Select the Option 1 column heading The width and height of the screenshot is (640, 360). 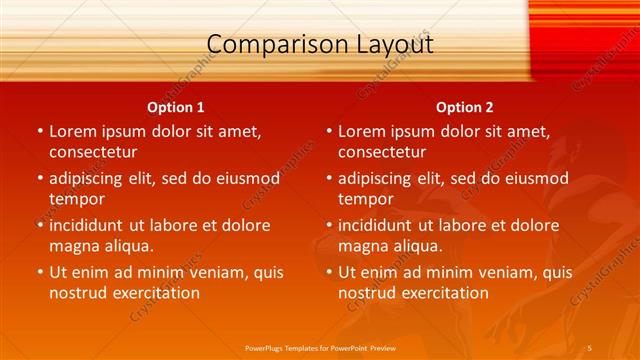[x=176, y=107]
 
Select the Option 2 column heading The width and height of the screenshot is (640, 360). [x=465, y=107]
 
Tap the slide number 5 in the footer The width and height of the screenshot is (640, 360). [x=590, y=348]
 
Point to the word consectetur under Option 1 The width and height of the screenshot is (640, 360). [x=93, y=152]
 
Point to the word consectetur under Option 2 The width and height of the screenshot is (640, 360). [x=382, y=152]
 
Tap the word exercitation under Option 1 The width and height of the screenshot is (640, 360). [x=150, y=293]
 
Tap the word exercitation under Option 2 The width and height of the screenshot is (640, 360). [x=439, y=293]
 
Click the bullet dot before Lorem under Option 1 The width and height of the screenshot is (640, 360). [x=39, y=131]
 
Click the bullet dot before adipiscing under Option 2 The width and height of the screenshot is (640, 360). [x=328, y=178]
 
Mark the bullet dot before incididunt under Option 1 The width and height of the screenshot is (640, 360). [x=39, y=225]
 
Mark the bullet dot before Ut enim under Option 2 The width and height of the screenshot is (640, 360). [x=328, y=272]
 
